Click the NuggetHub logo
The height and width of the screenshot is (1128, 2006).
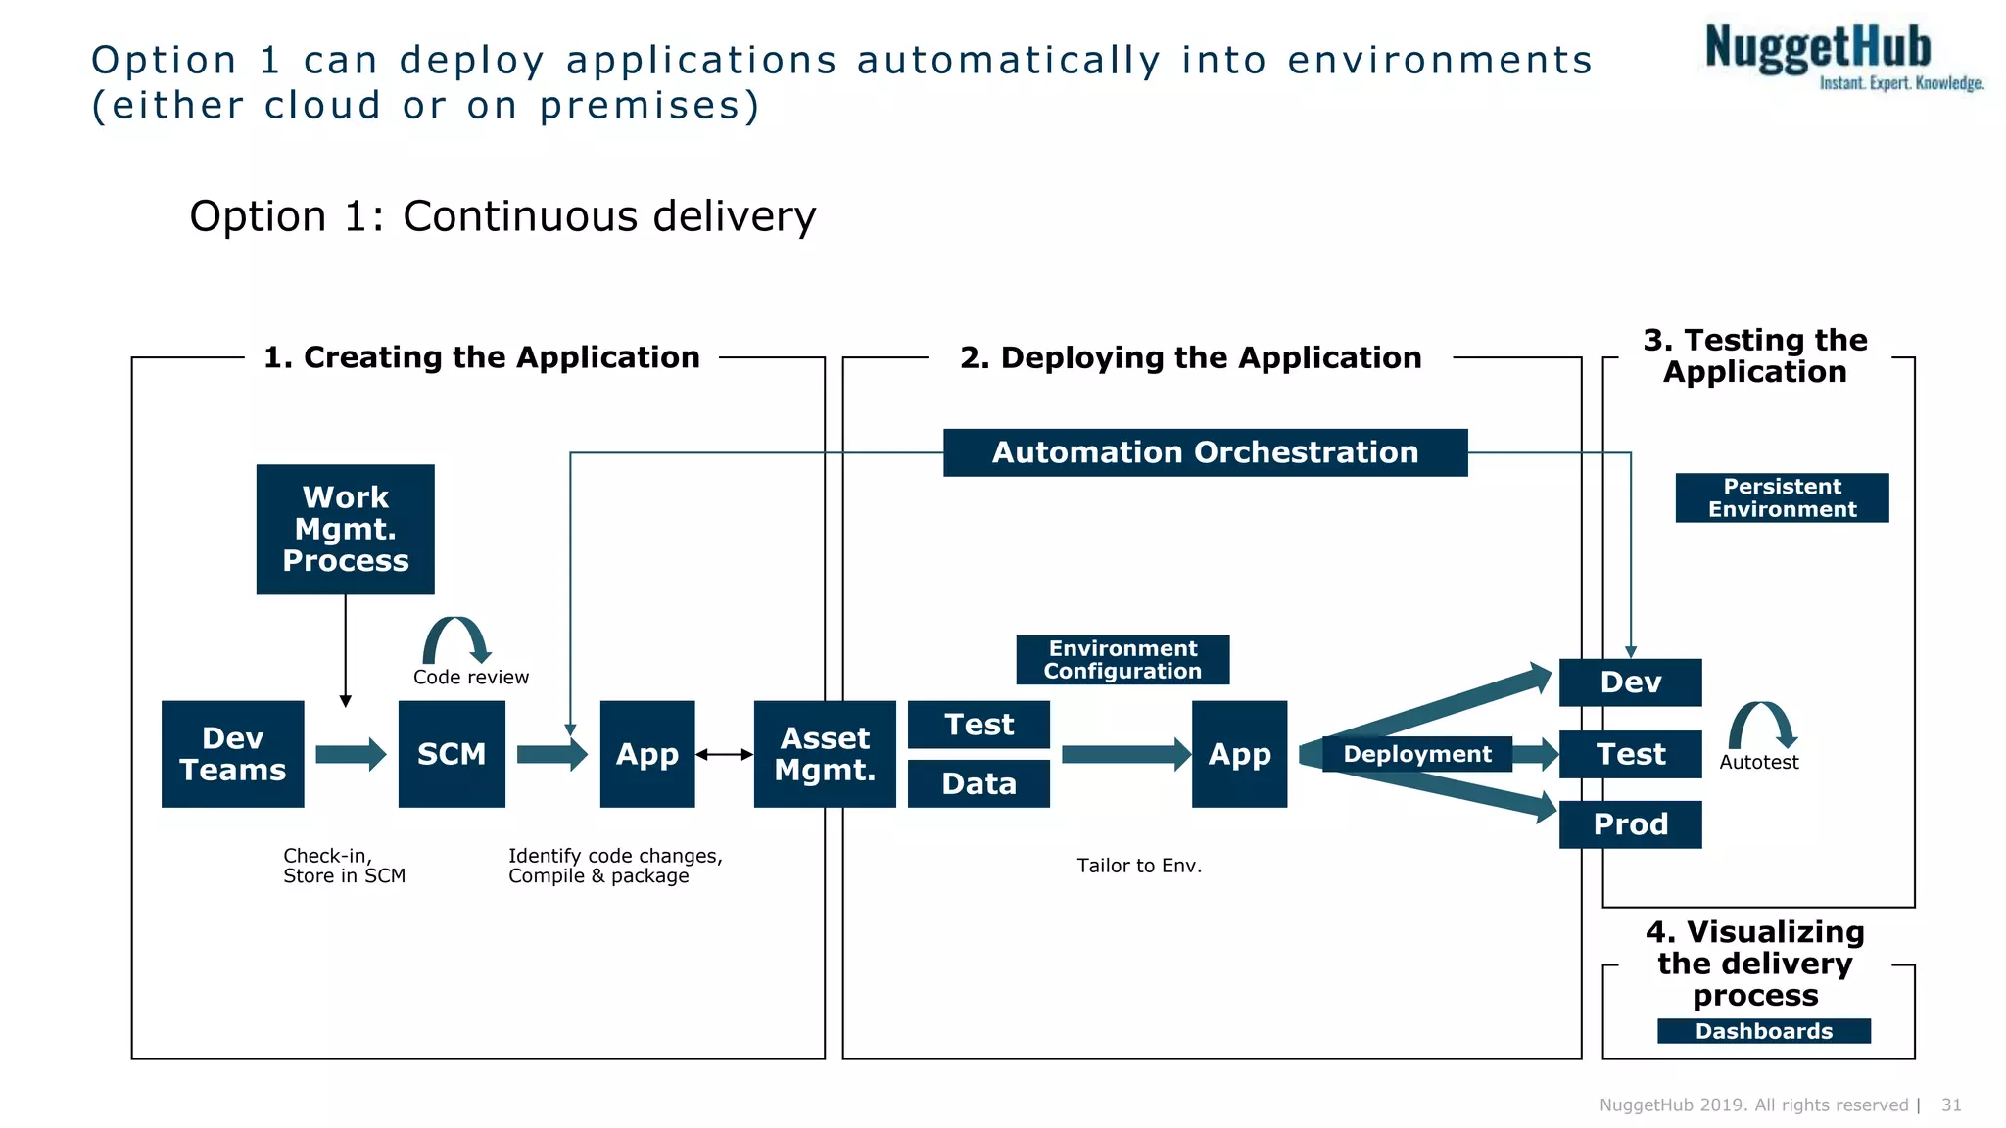(x=1841, y=57)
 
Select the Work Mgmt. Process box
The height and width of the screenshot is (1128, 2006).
(x=345, y=529)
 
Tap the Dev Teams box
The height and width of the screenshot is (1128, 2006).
(x=232, y=754)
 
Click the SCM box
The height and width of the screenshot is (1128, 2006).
(x=452, y=754)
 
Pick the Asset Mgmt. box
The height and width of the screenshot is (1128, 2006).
(x=825, y=754)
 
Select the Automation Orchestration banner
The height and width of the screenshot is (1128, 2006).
(x=1205, y=452)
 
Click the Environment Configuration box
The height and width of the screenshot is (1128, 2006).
(x=1122, y=660)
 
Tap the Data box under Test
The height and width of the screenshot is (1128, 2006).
(x=979, y=784)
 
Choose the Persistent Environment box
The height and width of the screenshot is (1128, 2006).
(x=1782, y=497)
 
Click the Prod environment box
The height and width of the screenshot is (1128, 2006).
(x=1630, y=824)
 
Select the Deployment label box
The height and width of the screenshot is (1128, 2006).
(x=1416, y=754)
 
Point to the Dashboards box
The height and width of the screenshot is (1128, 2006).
(x=1763, y=1031)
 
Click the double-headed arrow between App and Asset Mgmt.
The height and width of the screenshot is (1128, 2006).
(x=724, y=754)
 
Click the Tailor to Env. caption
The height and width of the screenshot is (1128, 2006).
(x=1139, y=866)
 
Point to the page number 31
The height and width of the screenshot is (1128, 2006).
(x=1951, y=1104)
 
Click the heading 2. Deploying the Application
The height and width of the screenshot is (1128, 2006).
(x=1190, y=357)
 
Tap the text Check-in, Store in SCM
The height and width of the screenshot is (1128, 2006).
(x=344, y=866)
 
